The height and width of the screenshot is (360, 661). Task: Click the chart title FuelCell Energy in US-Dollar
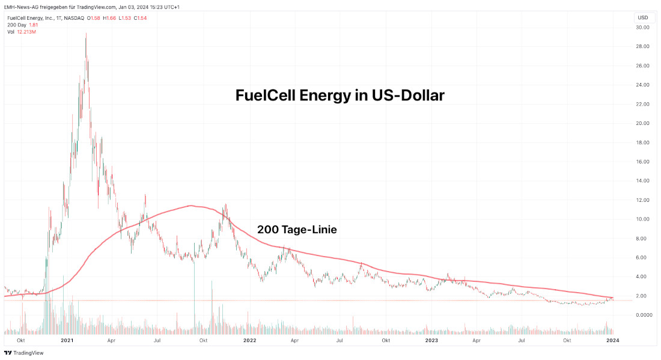[340, 95]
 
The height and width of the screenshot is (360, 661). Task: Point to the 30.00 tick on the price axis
[642, 28]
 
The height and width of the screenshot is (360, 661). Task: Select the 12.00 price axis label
[642, 200]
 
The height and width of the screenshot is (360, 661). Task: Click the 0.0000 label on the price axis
[644, 315]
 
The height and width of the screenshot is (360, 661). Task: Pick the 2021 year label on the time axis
[67, 340]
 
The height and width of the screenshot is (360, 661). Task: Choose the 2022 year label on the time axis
[250, 340]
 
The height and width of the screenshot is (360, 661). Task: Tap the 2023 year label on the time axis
[432, 340]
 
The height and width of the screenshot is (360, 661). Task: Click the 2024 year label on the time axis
[612, 340]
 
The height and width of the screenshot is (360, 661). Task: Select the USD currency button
[644, 17]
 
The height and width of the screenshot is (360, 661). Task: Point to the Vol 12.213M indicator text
[22, 31]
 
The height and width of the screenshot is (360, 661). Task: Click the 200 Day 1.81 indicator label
[22, 25]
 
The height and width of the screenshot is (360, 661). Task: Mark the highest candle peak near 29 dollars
[86, 34]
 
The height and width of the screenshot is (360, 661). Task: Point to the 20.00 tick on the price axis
[642, 123]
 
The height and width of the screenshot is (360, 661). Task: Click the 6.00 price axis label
[642, 257]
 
